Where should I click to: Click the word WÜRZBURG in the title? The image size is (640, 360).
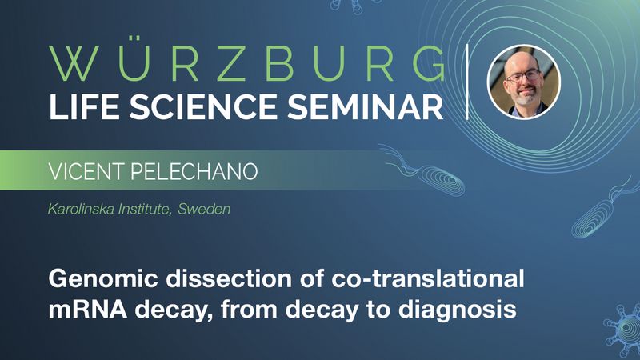246,63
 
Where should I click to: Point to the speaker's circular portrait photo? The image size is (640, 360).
523,81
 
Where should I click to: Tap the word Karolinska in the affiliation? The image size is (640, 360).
82,210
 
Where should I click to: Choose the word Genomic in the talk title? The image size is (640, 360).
101,279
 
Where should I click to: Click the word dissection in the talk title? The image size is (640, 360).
214,279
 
